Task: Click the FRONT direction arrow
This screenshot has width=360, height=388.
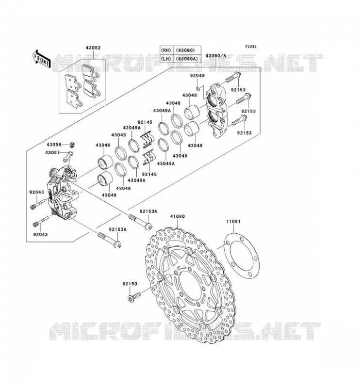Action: point(41,61)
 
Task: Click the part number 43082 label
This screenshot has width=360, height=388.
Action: point(93,48)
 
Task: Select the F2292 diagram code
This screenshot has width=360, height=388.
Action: point(251,47)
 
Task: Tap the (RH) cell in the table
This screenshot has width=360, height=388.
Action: point(166,50)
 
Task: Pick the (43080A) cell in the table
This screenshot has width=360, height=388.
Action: point(187,59)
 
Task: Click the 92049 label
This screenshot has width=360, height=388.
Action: point(197,76)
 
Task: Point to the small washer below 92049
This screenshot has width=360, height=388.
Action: point(198,89)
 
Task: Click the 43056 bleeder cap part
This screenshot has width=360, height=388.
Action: point(72,144)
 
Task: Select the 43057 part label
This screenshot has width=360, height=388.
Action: point(52,153)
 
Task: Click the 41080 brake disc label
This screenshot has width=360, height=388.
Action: point(177,216)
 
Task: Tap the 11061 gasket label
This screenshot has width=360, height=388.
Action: point(233,222)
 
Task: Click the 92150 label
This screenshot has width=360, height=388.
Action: point(130,284)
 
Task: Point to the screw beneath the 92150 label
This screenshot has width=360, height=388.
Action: point(134,297)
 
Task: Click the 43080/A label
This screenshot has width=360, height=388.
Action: point(215,56)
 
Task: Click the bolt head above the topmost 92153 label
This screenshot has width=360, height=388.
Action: point(237,74)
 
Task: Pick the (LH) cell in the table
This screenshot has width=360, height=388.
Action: point(166,59)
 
